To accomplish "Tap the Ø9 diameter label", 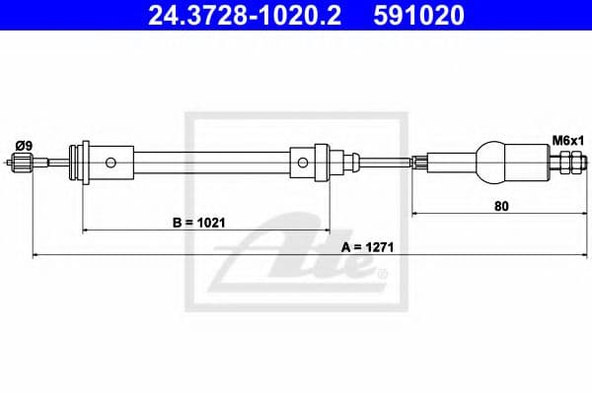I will click(x=23, y=146).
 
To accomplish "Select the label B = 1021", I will click(x=198, y=223).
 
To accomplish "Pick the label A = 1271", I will click(x=365, y=247).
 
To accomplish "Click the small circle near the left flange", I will click(x=112, y=162).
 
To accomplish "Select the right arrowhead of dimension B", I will click(x=322, y=230).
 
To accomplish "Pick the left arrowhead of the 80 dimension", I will click(x=415, y=213).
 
